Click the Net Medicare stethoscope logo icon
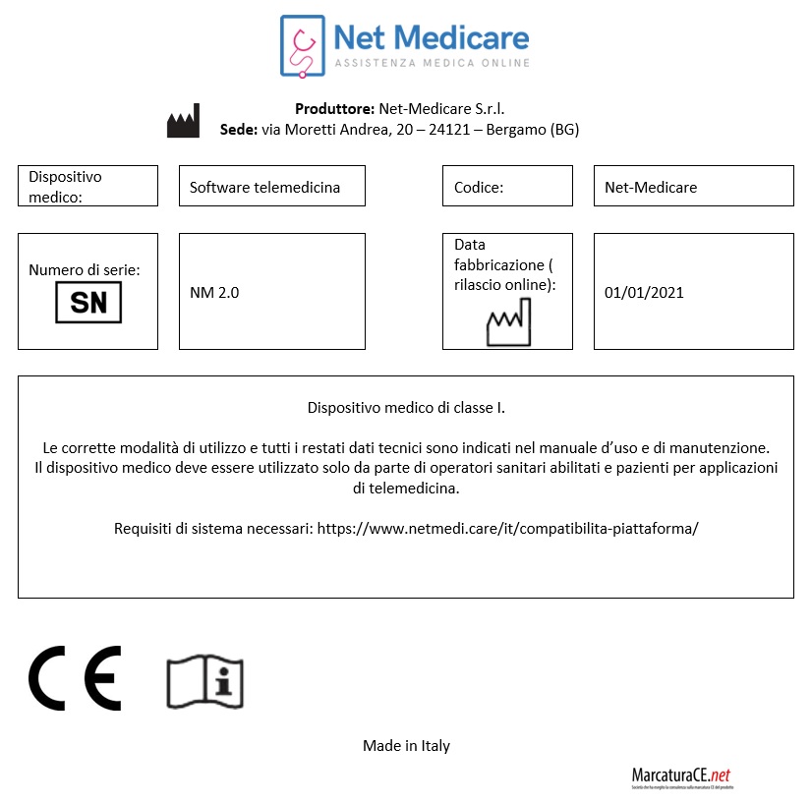click(x=302, y=44)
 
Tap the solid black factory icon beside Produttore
click(x=183, y=121)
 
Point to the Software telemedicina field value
click(x=264, y=187)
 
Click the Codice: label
click(x=479, y=187)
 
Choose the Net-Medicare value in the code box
click(x=651, y=187)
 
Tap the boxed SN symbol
click(x=88, y=303)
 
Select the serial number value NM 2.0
click(x=214, y=292)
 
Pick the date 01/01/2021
click(x=644, y=292)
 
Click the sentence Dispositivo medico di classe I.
click(x=406, y=407)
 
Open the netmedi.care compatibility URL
click(x=507, y=528)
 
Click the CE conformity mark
click(x=75, y=678)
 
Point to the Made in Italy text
click(x=406, y=746)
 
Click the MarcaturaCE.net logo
click(x=681, y=776)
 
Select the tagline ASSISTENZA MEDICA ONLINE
click(x=433, y=63)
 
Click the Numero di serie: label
click(x=84, y=269)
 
